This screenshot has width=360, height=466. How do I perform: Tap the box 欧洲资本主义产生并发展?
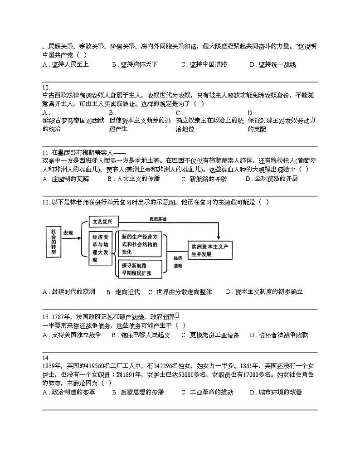212,250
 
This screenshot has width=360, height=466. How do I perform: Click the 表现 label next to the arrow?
68,232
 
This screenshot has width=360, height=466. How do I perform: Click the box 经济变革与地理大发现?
101,248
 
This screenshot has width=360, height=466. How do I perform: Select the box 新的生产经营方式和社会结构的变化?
140,244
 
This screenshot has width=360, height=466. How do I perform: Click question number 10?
46,87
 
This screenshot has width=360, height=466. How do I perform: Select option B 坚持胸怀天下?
135,65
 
